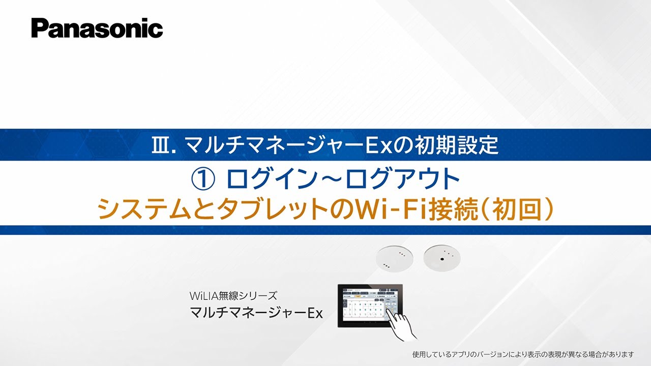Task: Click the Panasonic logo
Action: click(x=97, y=28)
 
